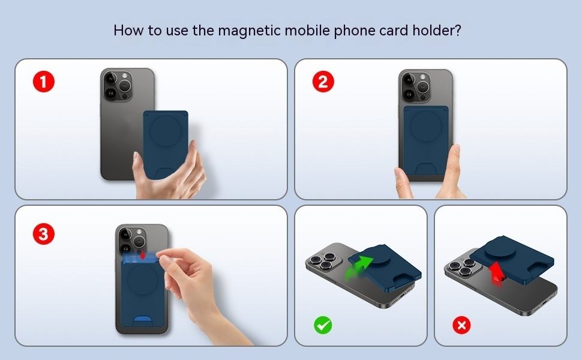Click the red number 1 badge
[43, 82]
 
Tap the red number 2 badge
[323, 82]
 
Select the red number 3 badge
[43, 234]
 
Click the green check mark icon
[323, 325]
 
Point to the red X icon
[461, 325]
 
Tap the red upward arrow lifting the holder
[496, 274]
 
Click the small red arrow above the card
[143, 255]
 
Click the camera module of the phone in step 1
[118, 86]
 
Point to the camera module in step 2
[416, 87]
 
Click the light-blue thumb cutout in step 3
[143, 320]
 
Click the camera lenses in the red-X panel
[463, 266]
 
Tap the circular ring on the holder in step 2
[426, 127]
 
